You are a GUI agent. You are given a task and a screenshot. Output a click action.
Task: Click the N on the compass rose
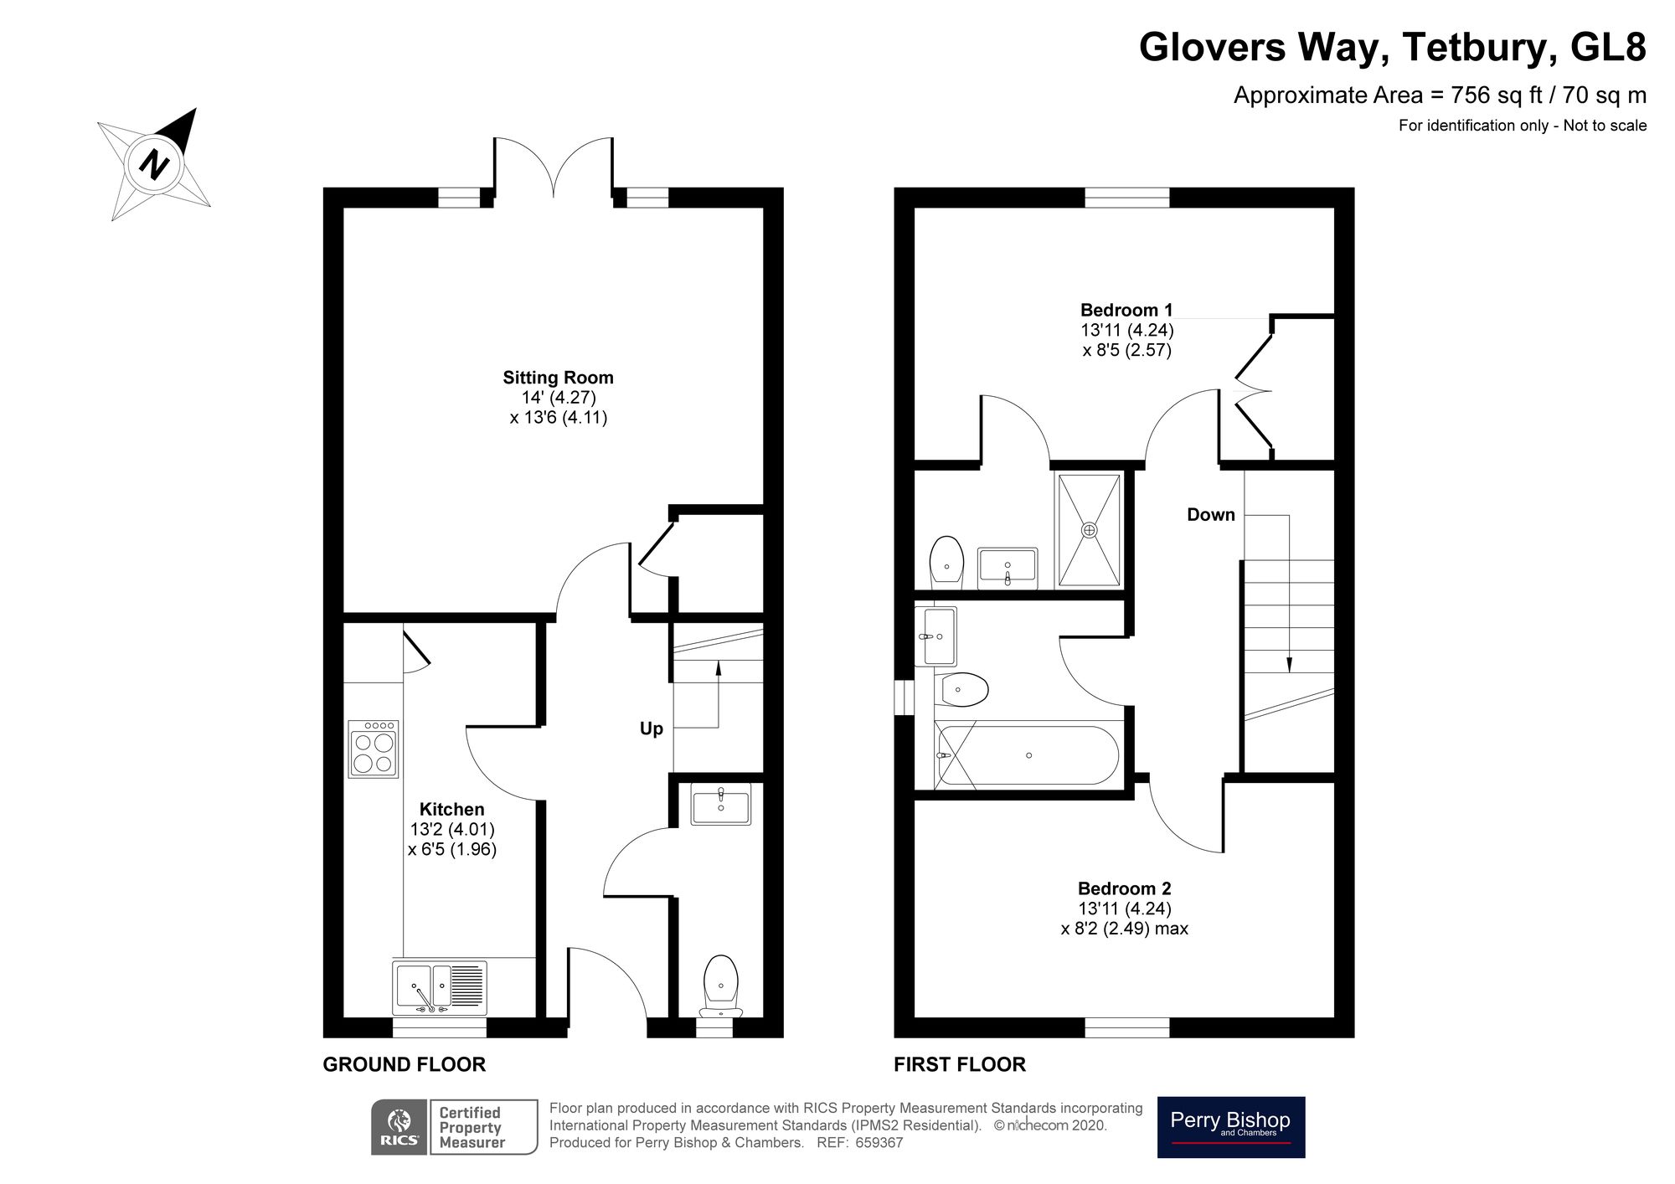(x=153, y=163)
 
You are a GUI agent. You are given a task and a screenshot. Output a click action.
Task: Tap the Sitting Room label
(x=558, y=378)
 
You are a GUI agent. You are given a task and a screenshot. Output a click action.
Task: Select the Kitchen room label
(x=451, y=809)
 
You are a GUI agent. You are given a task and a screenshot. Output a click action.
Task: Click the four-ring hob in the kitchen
(x=374, y=749)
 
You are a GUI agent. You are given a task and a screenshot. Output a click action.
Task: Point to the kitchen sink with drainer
(x=439, y=986)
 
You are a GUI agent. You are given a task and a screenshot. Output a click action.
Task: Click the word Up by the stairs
(x=651, y=728)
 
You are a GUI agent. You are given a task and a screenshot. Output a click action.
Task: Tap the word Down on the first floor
(x=1210, y=515)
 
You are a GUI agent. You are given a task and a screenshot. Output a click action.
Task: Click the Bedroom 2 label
(x=1124, y=888)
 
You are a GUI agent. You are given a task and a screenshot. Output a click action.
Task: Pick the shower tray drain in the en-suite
(x=1089, y=529)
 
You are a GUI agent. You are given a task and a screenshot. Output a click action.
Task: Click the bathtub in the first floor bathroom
(x=1028, y=755)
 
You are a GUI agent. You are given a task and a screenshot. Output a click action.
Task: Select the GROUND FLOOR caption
(x=404, y=1064)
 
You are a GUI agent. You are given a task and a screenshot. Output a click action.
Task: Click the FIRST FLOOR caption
(x=959, y=1064)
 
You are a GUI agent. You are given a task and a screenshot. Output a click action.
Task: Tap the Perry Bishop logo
(x=1230, y=1126)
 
